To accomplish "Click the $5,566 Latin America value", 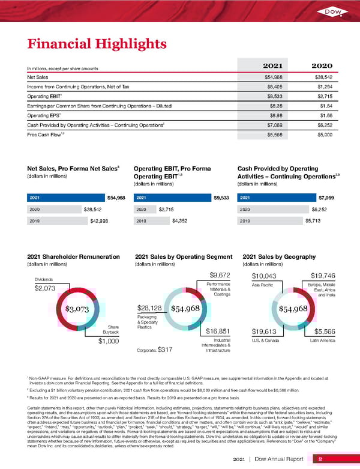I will tap(328, 331).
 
